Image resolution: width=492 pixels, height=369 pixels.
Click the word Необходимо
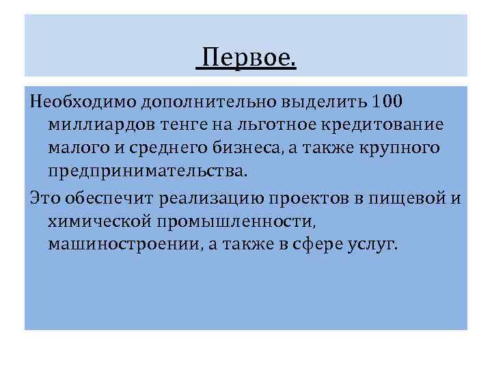[84, 103]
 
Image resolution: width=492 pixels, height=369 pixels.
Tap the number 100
[389, 103]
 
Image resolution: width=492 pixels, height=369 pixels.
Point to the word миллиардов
[102, 126]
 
